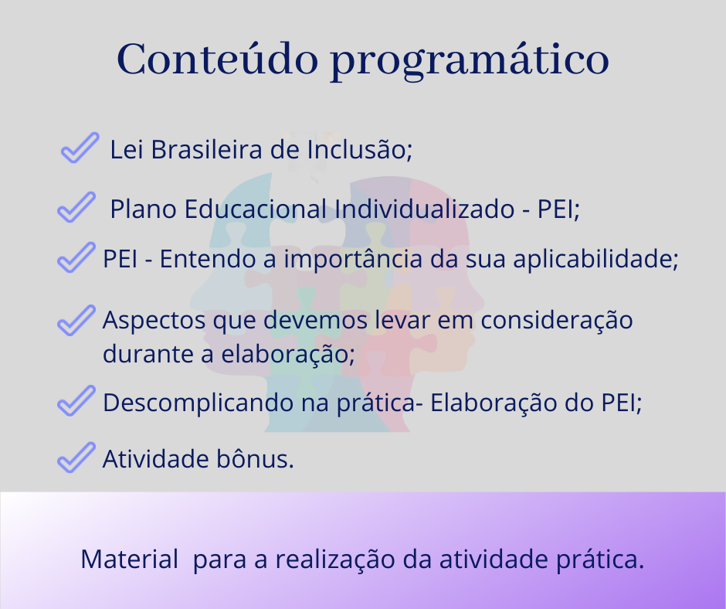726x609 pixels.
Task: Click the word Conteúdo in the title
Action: click(x=218, y=59)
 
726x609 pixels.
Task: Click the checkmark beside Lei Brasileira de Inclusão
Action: click(x=80, y=148)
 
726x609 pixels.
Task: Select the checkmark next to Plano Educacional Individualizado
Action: click(x=76, y=207)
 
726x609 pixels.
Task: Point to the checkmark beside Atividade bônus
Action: click(x=76, y=458)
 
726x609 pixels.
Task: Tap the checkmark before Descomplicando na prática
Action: click(x=76, y=400)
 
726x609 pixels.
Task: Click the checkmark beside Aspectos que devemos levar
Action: click(x=76, y=320)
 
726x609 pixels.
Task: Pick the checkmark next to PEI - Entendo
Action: click(x=76, y=257)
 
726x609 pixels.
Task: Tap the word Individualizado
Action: click(x=424, y=209)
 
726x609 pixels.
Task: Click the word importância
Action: click(x=353, y=260)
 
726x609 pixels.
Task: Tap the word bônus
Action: click(x=255, y=459)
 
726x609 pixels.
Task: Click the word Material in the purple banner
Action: click(x=129, y=559)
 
